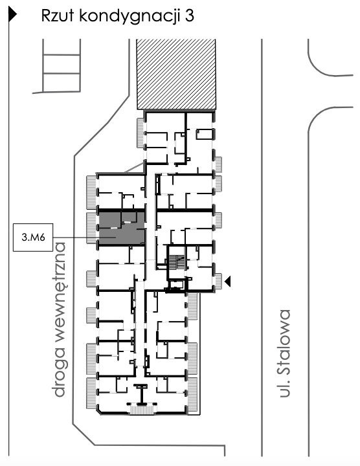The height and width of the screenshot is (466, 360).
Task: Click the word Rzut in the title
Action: [x=58, y=17]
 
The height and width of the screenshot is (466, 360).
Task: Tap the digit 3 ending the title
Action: [x=188, y=17]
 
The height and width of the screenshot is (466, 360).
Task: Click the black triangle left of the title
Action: [x=12, y=17]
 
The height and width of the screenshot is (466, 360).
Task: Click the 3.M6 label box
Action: [x=33, y=238]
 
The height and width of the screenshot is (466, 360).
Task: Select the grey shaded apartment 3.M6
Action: [x=120, y=228]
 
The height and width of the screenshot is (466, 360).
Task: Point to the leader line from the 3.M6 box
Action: [x=74, y=238]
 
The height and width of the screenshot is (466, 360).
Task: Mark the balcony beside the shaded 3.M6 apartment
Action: [x=91, y=227]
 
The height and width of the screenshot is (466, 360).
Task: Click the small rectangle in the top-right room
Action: [x=205, y=134]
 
